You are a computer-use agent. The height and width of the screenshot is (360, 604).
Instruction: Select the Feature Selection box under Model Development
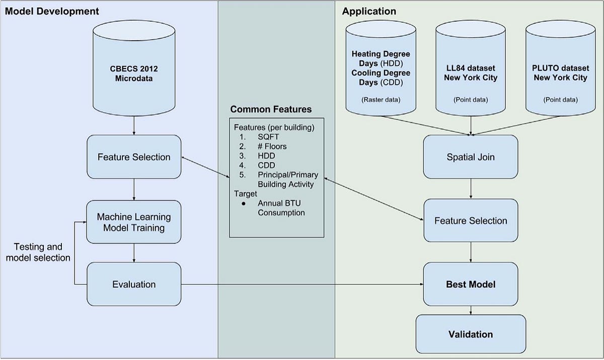(x=134, y=157)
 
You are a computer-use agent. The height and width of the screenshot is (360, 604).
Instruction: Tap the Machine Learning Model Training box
(x=134, y=223)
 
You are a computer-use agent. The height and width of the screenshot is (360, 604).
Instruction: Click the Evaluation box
(x=134, y=284)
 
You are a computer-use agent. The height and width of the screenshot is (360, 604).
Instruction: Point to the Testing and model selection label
(x=38, y=252)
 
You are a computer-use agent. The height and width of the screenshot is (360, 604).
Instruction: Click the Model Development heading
(x=52, y=11)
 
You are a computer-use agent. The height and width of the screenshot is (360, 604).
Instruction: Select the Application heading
(x=369, y=11)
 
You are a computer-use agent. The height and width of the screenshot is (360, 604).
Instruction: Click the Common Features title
(x=271, y=109)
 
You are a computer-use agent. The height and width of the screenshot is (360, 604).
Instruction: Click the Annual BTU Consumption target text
(x=281, y=208)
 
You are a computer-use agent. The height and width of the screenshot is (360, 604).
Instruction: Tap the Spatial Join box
(x=470, y=157)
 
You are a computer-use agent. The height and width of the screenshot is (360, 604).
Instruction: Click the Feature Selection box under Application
(x=470, y=221)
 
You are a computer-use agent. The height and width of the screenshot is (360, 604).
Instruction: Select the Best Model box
(x=470, y=284)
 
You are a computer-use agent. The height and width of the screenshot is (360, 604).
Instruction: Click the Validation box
(x=470, y=334)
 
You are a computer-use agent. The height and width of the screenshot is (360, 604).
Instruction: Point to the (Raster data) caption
(x=381, y=100)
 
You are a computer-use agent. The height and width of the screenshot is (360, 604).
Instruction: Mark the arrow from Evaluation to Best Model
(x=302, y=284)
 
